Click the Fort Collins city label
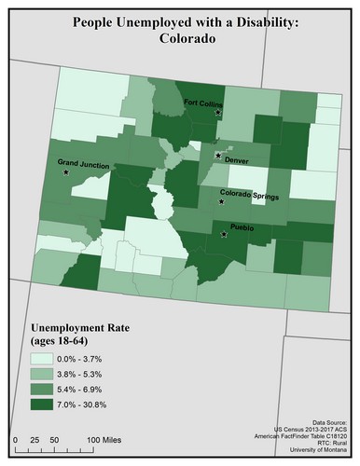click(203, 103)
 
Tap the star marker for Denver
click(218, 156)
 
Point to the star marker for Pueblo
click(223, 235)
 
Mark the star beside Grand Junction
click(66, 173)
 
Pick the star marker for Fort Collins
click(218, 112)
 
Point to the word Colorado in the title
click(179, 42)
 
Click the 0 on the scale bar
click(16, 439)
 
